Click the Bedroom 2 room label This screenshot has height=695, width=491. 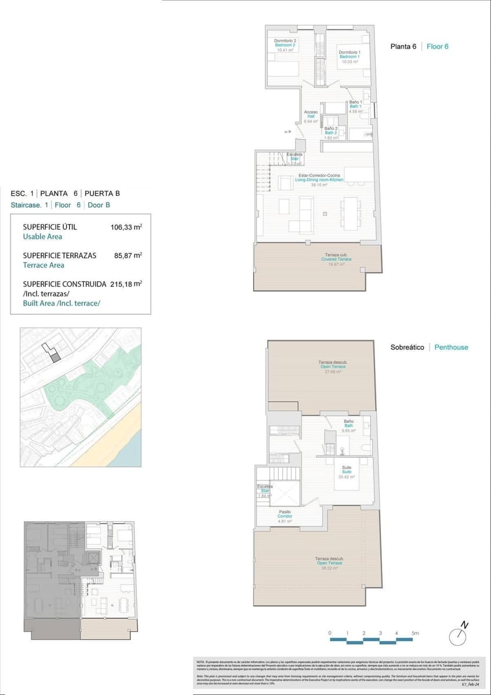click(285, 45)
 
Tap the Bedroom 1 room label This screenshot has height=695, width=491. click(349, 57)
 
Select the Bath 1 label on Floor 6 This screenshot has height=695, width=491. click(355, 106)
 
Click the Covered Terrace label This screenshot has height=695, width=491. click(336, 259)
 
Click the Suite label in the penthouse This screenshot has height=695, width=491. click(347, 471)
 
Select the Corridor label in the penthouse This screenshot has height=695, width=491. click(285, 516)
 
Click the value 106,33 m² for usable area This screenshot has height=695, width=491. click(126, 228)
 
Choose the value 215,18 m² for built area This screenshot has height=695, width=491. click(126, 284)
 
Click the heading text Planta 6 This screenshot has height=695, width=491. click(403, 46)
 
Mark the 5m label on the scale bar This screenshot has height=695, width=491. click(414, 634)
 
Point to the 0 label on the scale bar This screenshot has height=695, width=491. click(329, 634)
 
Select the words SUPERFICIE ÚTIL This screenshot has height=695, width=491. click(50, 227)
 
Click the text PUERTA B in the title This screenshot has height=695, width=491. click(103, 193)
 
